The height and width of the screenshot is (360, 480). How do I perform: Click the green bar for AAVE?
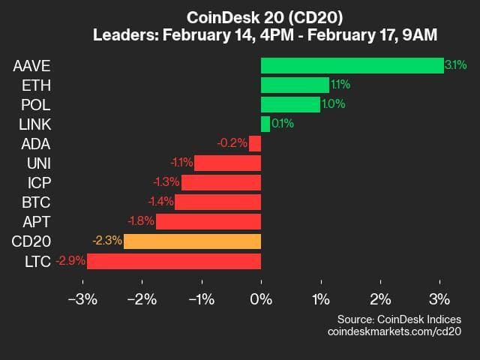[x=352, y=65]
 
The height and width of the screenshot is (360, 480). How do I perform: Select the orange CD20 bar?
[x=192, y=241]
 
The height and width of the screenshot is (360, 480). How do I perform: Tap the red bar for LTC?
[x=174, y=260]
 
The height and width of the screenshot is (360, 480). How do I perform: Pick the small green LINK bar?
[x=265, y=124]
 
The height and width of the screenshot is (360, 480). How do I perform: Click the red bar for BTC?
[x=217, y=202]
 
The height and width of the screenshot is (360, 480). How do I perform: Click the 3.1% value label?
[x=455, y=65]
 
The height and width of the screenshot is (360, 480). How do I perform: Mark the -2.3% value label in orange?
[x=107, y=241]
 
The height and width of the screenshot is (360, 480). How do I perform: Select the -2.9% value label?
[x=70, y=260]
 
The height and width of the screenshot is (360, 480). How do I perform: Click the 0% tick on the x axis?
[x=261, y=300]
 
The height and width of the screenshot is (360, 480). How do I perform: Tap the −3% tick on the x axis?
[x=82, y=300]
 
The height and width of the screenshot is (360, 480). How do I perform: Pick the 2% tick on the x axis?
[x=380, y=300]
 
